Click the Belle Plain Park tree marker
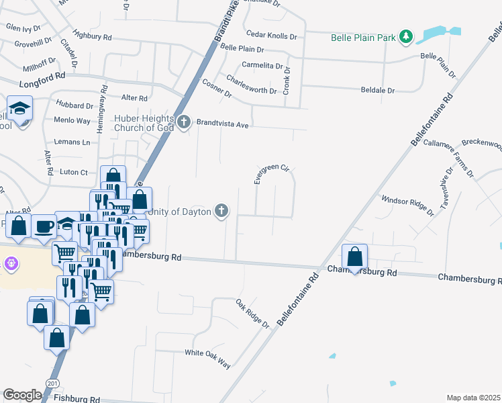[x=405, y=36]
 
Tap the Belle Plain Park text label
[x=363, y=38]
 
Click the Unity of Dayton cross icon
[x=221, y=212]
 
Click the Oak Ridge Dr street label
[x=252, y=314]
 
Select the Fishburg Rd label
[x=77, y=398]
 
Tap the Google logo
[x=22, y=395]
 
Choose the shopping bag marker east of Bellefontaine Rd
[x=354, y=257]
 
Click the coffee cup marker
[x=44, y=227]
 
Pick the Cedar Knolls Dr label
[x=271, y=36]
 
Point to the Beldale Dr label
[x=381, y=89]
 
